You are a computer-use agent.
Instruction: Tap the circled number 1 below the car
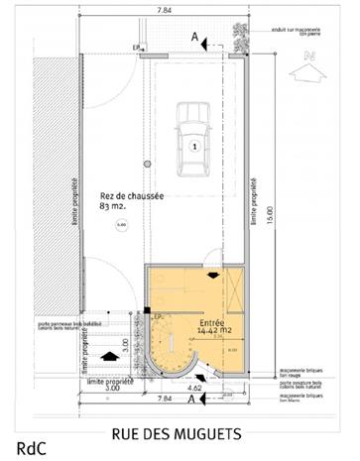tap(195, 146)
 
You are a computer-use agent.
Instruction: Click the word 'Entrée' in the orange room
tap(211, 322)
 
